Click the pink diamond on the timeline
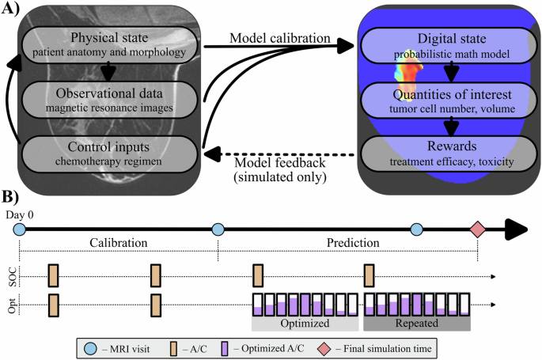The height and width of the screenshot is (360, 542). pos(477,230)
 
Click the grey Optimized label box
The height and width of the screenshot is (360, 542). pos(305,324)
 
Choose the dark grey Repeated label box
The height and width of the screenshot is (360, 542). pos(416,324)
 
